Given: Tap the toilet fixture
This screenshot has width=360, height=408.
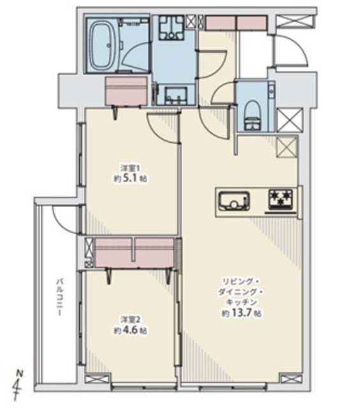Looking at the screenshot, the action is point(252,116).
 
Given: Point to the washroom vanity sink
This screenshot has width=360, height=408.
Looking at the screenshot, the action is point(176,95).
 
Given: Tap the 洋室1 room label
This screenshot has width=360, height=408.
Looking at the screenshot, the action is point(127,167).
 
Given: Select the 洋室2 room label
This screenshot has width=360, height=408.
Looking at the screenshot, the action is point(127,319).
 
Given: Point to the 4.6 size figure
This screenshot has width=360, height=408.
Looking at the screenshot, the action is point(131,331).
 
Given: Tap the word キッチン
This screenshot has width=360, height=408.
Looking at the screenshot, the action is point(241,302).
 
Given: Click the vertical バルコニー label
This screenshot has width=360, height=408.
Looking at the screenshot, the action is point(60,297).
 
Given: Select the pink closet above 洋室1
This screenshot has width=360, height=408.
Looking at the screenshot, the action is point(126,91).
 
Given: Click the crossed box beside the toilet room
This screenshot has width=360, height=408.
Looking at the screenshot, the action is point(291,120).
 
